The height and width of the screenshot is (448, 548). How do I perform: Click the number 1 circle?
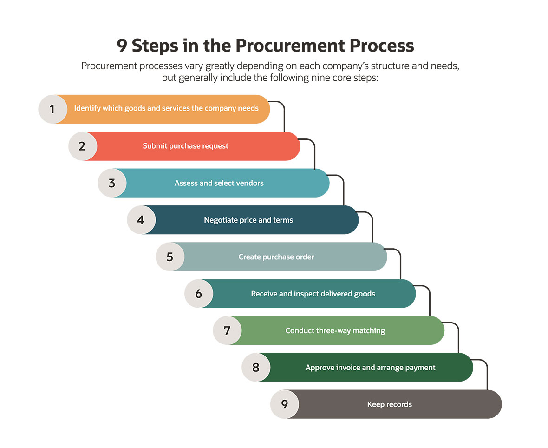[52, 109]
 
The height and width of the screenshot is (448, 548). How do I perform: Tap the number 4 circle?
[141, 220]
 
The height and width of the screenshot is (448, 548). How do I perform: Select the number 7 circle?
[227, 330]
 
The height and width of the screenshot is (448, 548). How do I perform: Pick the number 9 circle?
[285, 404]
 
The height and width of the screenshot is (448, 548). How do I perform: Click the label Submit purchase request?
[185, 146]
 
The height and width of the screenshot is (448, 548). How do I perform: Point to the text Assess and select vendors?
[219, 183]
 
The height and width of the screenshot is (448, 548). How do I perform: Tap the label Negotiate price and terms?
[248, 220]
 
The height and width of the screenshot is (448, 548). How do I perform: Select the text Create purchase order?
[276, 257]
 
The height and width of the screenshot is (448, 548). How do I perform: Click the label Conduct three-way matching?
[335, 330]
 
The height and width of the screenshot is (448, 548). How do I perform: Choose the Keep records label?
[389, 404]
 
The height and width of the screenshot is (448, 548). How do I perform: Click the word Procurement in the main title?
[287, 46]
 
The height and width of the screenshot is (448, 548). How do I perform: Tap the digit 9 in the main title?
[122, 46]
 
